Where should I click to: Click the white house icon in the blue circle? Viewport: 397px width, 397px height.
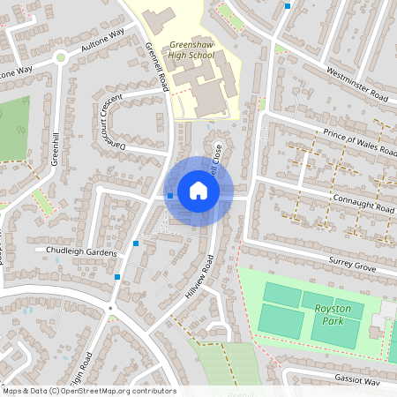coord(198,191)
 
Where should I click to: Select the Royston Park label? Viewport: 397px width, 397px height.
coord(332,314)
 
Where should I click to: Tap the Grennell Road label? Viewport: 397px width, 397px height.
coord(157,66)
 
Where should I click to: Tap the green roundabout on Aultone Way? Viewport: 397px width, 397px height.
coord(60,58)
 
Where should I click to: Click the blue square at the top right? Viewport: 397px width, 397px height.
coord(288,5)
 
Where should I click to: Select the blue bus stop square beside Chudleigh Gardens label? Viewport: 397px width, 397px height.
coord(136,243)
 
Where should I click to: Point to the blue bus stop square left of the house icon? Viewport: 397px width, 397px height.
coord(170,195)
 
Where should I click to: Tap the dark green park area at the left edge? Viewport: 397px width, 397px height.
coord(13,128)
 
